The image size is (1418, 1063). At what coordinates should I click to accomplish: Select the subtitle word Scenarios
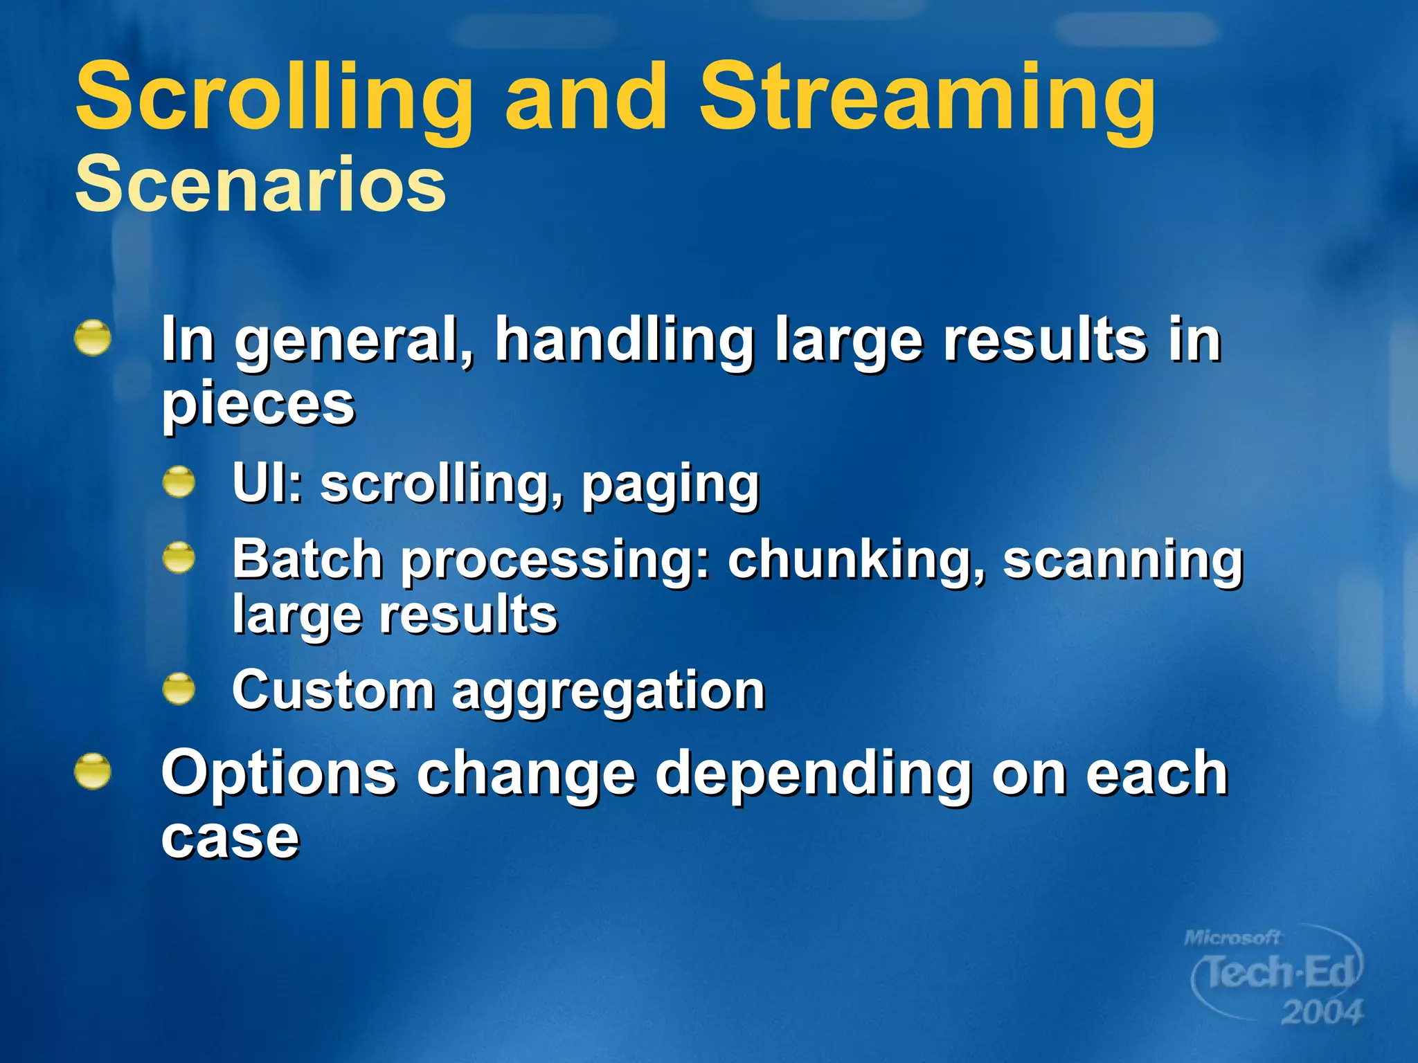tap(260, 184)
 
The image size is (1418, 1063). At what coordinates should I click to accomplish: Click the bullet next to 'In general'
tap(93, 338)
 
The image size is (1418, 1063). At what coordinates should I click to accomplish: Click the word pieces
tap(258, 406)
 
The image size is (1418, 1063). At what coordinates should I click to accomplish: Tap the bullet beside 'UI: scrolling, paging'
tap(179, 482)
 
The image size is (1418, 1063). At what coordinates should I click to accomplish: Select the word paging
tap(670, 484)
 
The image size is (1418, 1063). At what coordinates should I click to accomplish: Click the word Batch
tap(307, 559)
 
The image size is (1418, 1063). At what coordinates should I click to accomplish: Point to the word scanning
tap(1123, 559)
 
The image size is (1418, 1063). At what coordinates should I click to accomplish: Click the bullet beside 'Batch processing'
tap(179, 558)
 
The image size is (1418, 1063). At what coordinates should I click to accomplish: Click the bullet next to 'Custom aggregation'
tap(179, 689)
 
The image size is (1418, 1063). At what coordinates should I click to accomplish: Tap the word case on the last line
tap(230, 837)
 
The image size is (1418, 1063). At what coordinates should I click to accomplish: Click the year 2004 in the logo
tap(1321, 1012)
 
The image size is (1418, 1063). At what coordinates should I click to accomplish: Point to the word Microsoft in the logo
tap(1232, 938)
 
